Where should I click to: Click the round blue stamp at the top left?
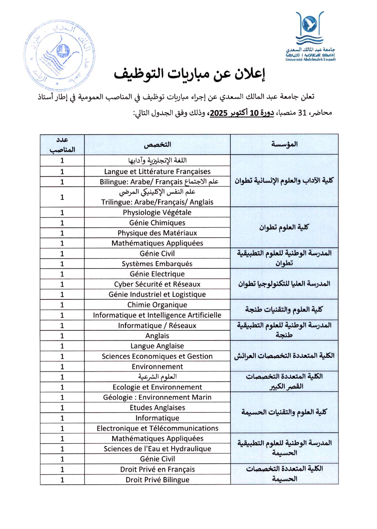tap(59, 55)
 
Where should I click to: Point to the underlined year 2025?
tap(219, 113)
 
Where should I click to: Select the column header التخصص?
tap(157, 145)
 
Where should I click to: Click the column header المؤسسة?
tap(284, 145)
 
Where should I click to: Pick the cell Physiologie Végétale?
tap(157, 212)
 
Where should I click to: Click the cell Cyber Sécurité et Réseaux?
tap(157, 284)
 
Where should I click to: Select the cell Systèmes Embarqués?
tap(157, 264)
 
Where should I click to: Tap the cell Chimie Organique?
tap(157, 305)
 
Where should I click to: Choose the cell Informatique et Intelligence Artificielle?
tap(157, 315)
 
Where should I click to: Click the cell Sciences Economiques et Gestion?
tap(157, 356)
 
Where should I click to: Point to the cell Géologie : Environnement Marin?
tap(157, 397)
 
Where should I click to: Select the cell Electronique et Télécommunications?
tap(157, 428)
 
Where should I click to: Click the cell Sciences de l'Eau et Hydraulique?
tap(157, 449)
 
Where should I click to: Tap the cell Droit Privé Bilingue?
tap(157, 480)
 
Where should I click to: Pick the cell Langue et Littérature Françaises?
tap(157, 172)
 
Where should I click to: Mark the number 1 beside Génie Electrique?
tap(62, 274)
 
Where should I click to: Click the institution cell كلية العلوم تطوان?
tap(284, 227)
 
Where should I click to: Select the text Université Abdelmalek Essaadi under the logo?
tap(310, 60)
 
